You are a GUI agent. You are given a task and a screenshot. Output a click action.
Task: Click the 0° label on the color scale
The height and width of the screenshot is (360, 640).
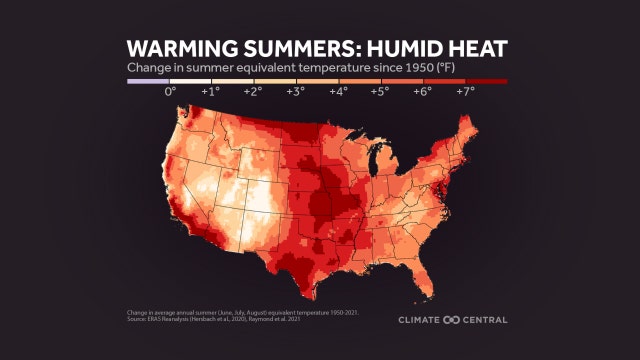pyautogui.click(x=170, y=91)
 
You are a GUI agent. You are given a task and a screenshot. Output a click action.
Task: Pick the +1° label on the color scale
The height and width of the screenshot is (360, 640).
pyautogui.click(x=211, y=91)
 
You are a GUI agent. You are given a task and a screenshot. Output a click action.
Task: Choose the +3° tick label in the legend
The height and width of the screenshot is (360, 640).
pyautogui.click(x=295, y=91)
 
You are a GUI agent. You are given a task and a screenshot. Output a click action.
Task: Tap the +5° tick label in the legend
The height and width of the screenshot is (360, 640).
pyautogui.click(x=380, y=91)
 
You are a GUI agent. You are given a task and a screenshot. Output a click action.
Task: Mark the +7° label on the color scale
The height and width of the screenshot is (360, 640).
pyautogui.click(x=465, y=91)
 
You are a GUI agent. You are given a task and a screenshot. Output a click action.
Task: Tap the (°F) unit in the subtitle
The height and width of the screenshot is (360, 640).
pyautogui.click(x=402, y=67)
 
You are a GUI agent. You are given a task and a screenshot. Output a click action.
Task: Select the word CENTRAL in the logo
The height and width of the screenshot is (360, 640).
pyautogui.click(x=483, y=320)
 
